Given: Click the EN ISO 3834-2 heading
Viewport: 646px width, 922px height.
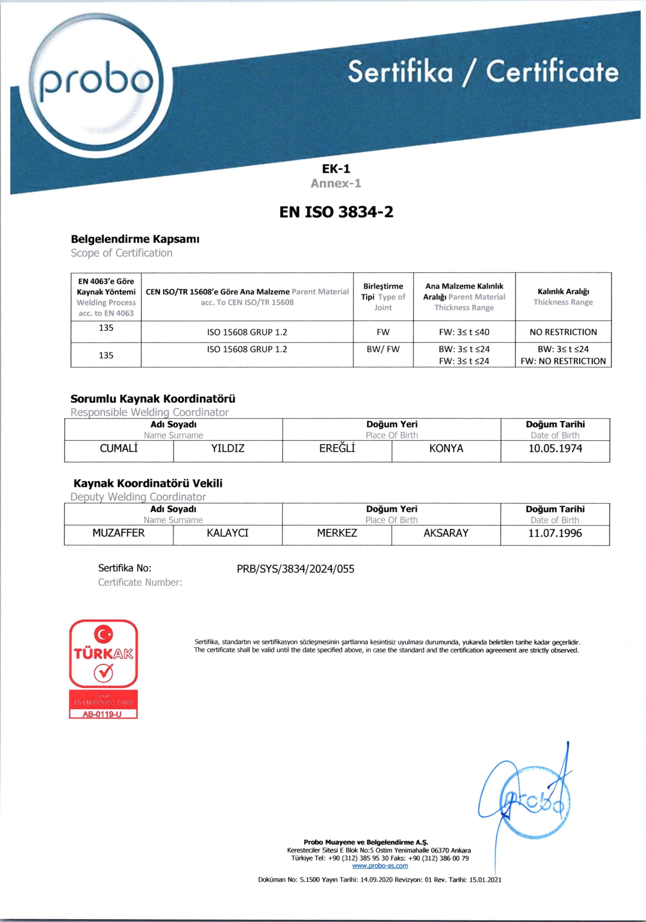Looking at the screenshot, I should coord(336,212).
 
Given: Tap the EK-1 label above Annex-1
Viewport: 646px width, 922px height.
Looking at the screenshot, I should coord(336,168).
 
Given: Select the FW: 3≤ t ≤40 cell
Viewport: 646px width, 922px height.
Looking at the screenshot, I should coord(464,332).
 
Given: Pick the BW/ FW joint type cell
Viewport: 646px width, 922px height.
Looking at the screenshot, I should coord(383,349).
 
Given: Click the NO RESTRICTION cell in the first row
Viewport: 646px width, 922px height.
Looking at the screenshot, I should coord(563,332).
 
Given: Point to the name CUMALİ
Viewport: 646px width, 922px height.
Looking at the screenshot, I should coord(119,448).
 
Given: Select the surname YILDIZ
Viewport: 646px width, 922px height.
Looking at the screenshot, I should coord(228,448).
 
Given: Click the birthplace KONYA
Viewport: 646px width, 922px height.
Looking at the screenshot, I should coord(446,448).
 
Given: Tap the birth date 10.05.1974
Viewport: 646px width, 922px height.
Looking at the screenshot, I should coord(555,448).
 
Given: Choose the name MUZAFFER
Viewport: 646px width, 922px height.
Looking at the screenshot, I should coord(119,533).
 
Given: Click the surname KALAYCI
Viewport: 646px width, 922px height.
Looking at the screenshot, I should coord(228,533).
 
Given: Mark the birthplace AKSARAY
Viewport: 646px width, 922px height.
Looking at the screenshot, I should coord(446,533).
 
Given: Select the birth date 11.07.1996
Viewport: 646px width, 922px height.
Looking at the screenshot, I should coord(555,533).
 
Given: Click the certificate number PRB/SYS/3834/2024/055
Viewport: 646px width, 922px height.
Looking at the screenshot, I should coord(295,569).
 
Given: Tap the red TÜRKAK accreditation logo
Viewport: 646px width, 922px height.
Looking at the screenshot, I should coord(103,654).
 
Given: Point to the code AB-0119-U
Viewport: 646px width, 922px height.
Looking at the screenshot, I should coord(102,714).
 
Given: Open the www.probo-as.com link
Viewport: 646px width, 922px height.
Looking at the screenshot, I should coord(380,866).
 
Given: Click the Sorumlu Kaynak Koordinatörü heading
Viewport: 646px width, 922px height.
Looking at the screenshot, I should coord(153,399).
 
